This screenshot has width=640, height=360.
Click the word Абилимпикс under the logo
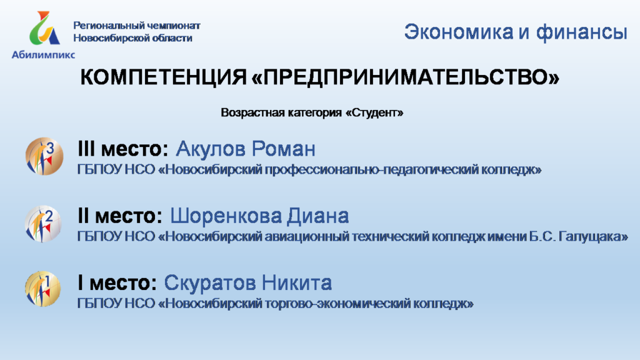[43, 55]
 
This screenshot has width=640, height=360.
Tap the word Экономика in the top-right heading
[459, 32]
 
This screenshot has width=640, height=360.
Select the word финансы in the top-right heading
[582, 32]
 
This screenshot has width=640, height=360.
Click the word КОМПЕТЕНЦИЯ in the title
[163, 77]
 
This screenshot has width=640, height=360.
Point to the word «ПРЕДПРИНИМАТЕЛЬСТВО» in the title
[405, 77]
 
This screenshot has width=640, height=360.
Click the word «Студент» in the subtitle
[374, 112]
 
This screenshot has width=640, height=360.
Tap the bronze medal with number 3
[44, 156]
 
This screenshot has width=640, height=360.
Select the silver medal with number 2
[43, 224]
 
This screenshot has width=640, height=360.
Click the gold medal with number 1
[43, 289]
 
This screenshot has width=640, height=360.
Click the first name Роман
[283, 149]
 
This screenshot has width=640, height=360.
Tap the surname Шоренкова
[225, 216]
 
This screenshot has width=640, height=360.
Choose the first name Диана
[317, 216]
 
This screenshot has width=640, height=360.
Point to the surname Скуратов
[210, 283]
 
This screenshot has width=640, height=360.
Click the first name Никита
[297, 283]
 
